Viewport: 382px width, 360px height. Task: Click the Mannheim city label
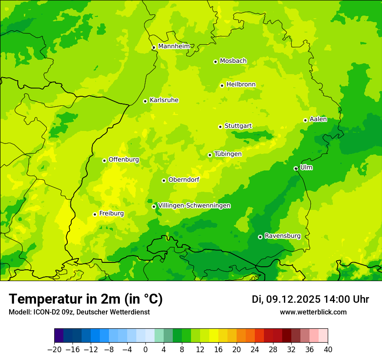(174, 46)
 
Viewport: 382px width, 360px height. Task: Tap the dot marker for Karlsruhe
(145, 101)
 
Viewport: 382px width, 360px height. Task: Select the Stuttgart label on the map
(238, 126)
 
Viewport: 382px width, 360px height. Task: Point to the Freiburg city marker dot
(95, 214)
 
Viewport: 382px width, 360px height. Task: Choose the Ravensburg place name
(283, 236)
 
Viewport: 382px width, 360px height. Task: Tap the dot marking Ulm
(296, 168)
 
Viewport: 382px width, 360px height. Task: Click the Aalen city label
(318, 119)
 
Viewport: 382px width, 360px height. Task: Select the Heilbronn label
(241, 85)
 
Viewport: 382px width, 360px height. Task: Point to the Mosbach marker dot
(215, 62)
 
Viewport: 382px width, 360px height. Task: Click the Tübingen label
(228, 154)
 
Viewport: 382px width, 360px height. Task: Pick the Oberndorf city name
(184, 180)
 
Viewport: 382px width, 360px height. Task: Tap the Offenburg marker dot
(104, 160)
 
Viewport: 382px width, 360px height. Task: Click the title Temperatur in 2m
(86, 299)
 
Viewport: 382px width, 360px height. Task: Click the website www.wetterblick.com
(313, 312)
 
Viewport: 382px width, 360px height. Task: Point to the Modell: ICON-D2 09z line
(79, 312)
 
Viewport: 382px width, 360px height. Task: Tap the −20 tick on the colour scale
(54, 350)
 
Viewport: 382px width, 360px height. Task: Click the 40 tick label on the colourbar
(328, 350)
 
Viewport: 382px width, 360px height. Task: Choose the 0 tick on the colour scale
(145, 350)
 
